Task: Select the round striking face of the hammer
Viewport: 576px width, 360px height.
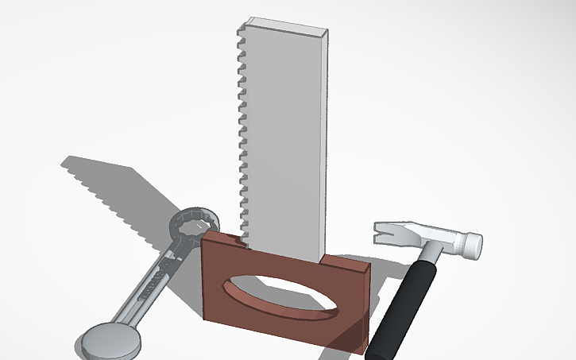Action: click(x=474, y=246)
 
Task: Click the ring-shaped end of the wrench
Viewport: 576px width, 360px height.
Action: click(x=194, y=227)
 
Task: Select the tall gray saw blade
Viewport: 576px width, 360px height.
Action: click(x=286, y=135)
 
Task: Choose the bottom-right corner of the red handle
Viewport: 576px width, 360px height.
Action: click(x=366, y=353)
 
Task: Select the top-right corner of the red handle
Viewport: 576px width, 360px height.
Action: click(x=370, y=269)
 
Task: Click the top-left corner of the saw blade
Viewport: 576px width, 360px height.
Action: click(x=244, y=21)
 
